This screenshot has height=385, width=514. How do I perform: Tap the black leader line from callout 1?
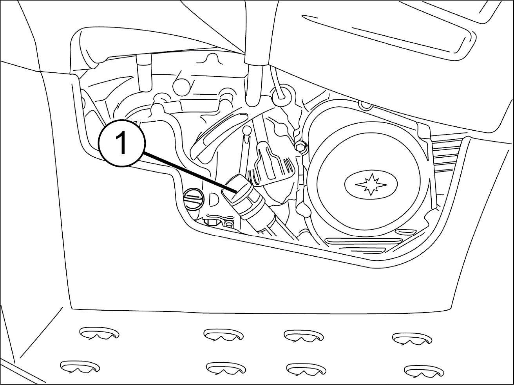click(x=190, y=172)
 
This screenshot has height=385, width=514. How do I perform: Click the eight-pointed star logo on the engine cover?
click(x=371, y=184)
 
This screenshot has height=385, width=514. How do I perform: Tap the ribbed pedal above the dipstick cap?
click(x=271, y=165)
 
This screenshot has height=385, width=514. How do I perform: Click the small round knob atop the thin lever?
click(x=246, y=130)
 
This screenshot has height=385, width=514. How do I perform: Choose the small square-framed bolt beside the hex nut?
click(x=229, y=224)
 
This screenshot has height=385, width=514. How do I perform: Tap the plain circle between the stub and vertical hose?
click(x=182, y=86)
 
